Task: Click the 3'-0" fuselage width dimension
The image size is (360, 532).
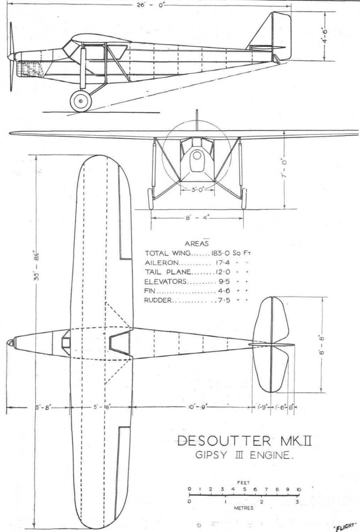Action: [197, 190]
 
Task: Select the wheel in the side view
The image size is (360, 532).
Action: [81, 101]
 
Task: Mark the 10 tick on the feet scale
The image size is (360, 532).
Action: [299, 489]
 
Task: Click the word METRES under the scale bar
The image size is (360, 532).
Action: [244, 508]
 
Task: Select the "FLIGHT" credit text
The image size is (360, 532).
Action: [345, 526]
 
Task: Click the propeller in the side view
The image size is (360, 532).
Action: [11, 56]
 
